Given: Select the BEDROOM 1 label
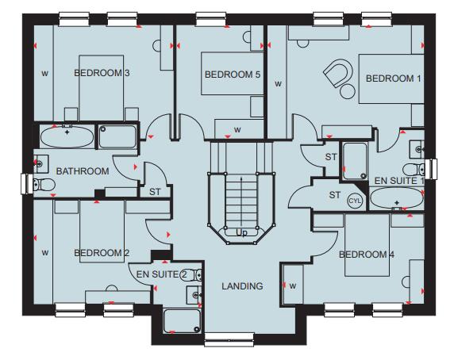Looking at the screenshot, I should click(393, 79).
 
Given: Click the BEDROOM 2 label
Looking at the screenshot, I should click(102, 253).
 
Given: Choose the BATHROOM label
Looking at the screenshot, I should click(83, 171).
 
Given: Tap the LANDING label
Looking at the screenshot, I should click(242, 286).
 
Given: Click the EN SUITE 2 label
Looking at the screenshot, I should click(163, 274).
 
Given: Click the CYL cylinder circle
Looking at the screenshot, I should click(354, 201).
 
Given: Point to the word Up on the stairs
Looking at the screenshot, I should click(241, 232).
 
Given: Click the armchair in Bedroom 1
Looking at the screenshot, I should click(336, 74).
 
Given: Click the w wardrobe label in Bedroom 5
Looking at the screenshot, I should click(237, 129).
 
